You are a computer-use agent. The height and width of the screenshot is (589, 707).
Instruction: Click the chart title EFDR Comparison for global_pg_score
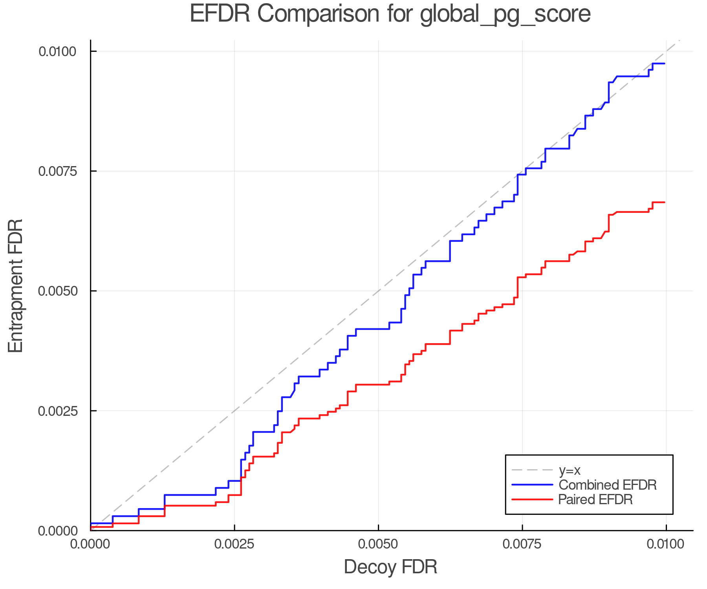(x=390, y=14)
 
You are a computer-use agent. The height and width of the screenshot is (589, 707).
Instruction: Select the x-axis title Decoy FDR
(x=390, y=567)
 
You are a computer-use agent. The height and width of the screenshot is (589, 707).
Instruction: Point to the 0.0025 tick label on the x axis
(x=234, y=545)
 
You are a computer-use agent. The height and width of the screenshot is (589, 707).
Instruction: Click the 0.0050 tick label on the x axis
(x=378, y=545)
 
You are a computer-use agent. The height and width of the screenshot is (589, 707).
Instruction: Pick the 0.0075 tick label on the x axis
(x=522, y=545)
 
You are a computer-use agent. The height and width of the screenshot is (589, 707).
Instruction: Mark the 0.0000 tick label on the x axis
(x=90, y=545)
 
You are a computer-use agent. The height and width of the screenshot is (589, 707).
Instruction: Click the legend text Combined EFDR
(x=608, y=485)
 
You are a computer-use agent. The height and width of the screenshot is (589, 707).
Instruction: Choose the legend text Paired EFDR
(x=595, y=499)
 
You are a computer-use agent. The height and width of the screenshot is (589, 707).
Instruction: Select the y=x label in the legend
(x=570, y=470)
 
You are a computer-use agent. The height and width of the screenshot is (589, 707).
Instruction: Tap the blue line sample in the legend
(x=532, y=485)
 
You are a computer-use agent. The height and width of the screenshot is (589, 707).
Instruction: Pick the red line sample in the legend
(x=532, y=499)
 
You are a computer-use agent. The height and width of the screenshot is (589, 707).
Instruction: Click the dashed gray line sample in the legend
(x=532, y=470)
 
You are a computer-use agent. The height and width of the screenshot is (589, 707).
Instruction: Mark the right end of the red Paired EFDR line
(x=665, y=202)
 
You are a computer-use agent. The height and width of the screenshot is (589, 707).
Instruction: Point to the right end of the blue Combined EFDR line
(x=665, y=64)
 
